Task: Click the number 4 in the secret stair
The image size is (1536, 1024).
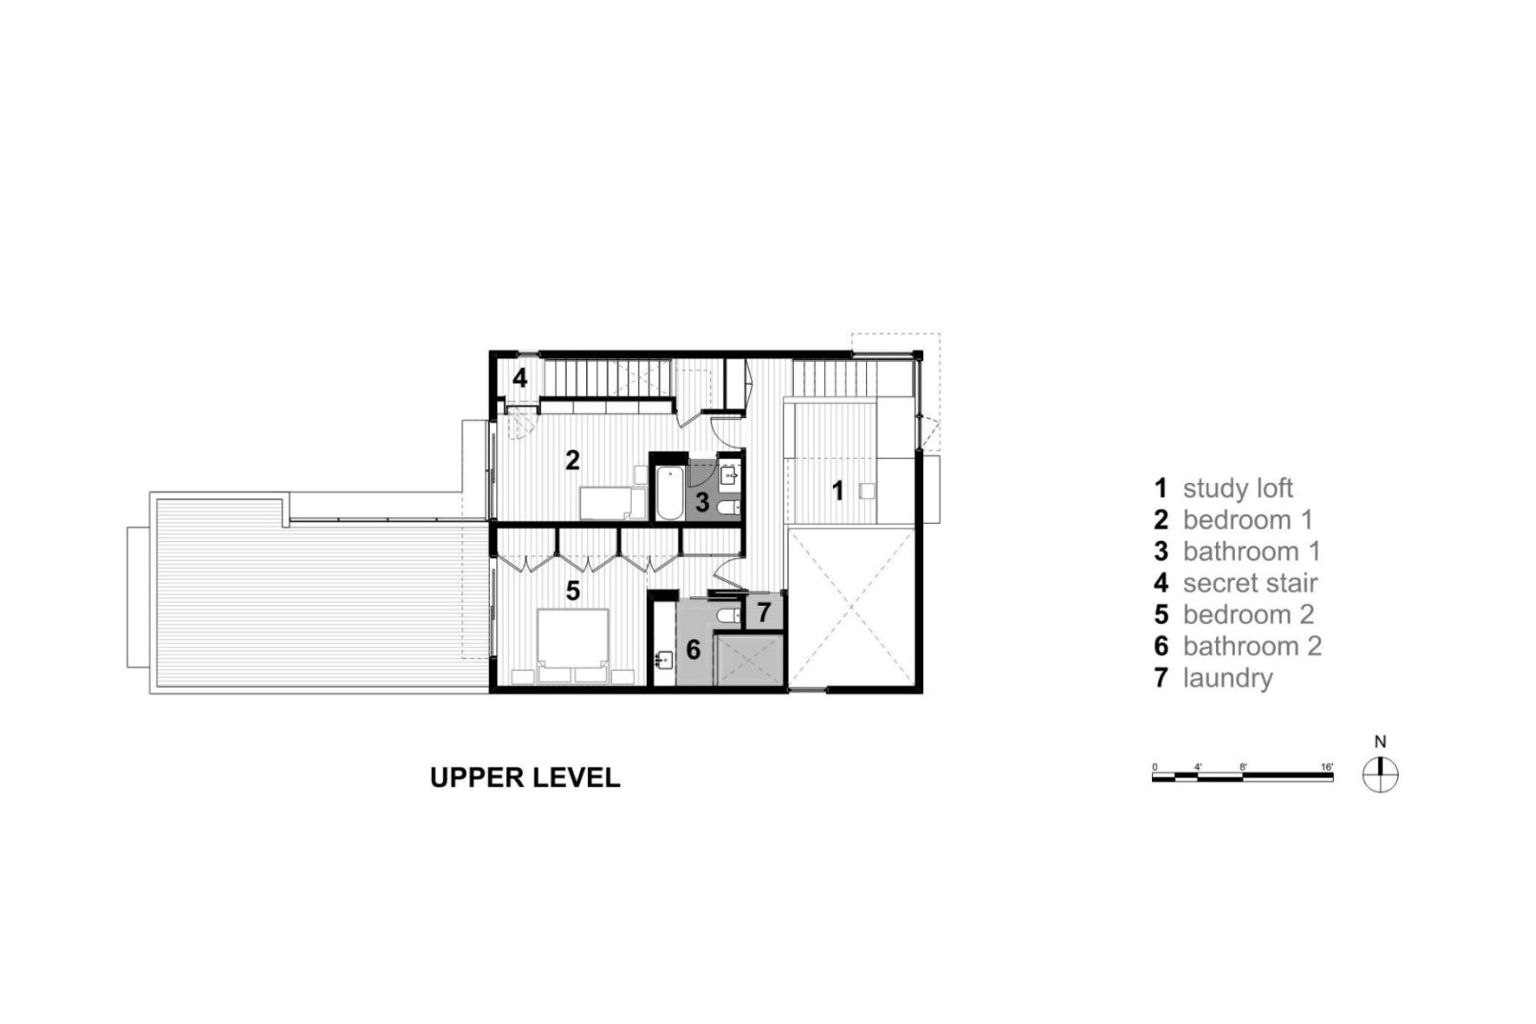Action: click(519, 377)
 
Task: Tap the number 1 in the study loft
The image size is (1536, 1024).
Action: click(838, 490)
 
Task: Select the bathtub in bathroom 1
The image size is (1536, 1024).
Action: click(669, 492)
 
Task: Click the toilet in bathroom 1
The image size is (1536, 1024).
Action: click(728, 507)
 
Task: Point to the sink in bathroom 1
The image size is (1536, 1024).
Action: click(728, 474)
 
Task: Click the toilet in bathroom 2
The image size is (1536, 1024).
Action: click(728, 616)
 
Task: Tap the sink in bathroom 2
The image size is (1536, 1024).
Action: click(663, 660)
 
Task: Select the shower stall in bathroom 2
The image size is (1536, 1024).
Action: click(749, 659)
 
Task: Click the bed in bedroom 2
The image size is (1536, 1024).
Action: click(573, 645)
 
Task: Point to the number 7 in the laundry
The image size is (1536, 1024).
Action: click(763, 612)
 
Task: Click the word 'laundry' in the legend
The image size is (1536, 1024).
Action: click(1227, 678)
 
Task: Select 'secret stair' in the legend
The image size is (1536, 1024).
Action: click(1250, 583)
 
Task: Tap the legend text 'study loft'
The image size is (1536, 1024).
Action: click(1238, 489)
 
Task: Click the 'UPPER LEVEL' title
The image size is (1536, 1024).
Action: click(525, 777)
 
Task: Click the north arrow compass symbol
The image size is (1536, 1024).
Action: click(1381, 775)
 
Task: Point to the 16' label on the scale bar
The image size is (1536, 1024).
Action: click(1327, 767)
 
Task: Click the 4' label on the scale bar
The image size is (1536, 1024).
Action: click(1197, 767)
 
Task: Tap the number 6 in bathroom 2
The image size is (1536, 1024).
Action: click(694, 650)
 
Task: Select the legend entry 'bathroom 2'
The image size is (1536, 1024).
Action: click(1252, 647)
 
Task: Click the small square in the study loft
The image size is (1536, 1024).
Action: click(867, 491)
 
